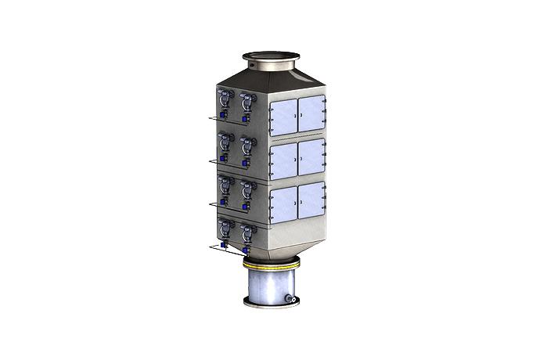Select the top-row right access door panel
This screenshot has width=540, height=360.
coord(311,113)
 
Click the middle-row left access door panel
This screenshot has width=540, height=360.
coord(283,160)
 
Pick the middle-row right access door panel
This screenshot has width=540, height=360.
coord(311,157)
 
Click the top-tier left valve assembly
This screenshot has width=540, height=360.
coord(224,105)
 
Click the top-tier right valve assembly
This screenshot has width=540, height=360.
coord(246,106)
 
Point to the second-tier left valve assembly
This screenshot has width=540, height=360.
coord(224,148)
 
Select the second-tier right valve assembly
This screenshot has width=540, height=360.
coord(247,149)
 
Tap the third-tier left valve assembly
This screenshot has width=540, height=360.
coord(225,190)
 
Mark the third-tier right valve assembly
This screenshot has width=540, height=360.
coord(247,193)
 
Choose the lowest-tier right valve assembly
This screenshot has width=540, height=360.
coord(247,236)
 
